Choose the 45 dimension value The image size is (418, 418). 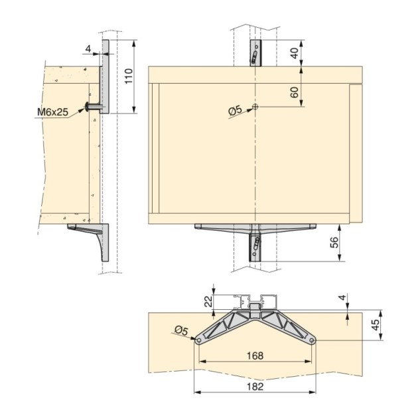[375, 325]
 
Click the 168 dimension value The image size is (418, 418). [254, 355]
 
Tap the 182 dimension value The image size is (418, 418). [254, 385]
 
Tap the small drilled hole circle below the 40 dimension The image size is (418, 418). [255, 107]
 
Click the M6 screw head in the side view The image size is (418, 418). [88, 106]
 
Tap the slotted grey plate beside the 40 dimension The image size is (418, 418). [255, 52]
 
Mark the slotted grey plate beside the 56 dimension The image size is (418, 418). [254, 247]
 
